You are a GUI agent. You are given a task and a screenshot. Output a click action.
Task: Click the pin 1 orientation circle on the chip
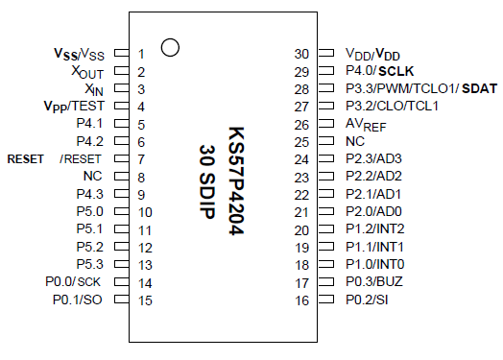click(x=170, y=47)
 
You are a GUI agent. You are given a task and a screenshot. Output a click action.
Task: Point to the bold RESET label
click(x=25, y=159)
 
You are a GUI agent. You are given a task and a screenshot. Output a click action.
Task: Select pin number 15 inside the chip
click(x=145, y=300)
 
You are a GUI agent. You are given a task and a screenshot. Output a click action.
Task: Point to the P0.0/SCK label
click(x=74, y=283)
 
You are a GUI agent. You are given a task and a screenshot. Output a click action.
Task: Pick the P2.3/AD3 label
click(x=373, y=159)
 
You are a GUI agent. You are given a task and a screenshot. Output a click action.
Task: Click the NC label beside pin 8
click(x=92, y=177)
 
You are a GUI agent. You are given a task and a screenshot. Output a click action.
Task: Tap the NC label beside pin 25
click(x=355, y=142)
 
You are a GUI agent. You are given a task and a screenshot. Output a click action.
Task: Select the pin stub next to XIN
click(x=120, y=89)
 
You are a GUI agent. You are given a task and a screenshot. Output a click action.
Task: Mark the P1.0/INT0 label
click(x=374, y=265)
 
